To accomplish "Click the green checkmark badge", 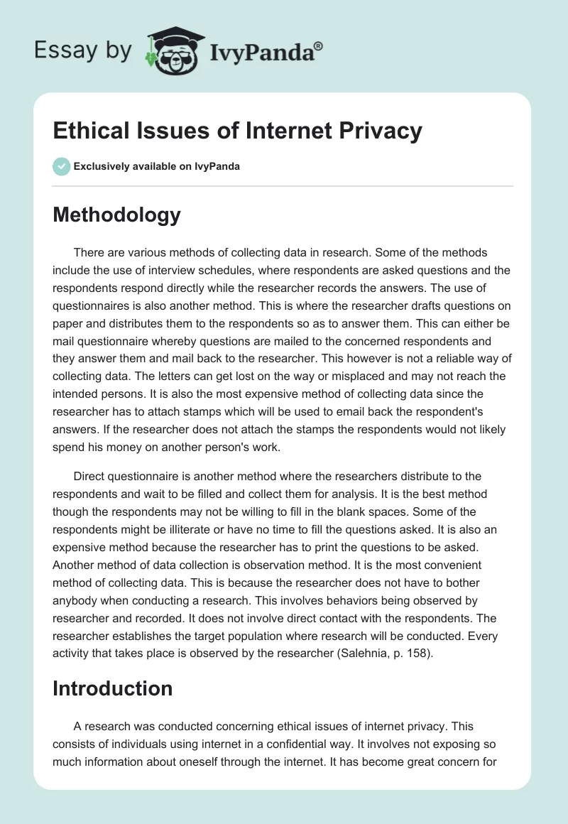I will pyautogui.click(x=61, y=166).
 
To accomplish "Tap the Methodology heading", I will pyautogui.click(x=116, y=215).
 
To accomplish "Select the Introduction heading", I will pyautogui.click(x=112, y=688).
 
